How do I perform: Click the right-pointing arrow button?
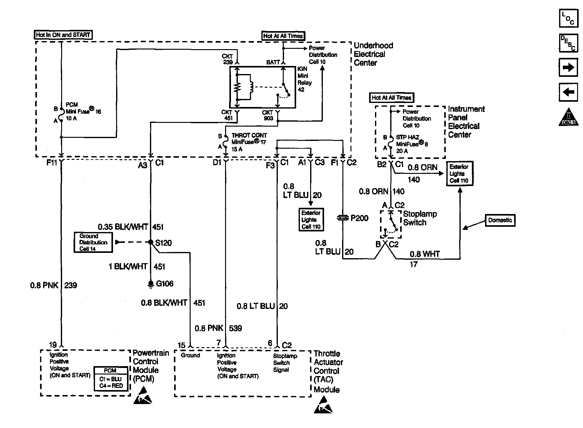(x=568, y=67)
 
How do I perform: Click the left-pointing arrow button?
(x=568, y=92)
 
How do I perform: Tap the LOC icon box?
(x=568, y=18)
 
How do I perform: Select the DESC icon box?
(x=568, y=43)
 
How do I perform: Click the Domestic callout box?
(x=500, y=220)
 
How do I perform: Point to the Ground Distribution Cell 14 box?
(x=93, y=242)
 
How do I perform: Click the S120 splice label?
(x=163, y=243)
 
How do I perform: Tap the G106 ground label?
(x=165, y=283)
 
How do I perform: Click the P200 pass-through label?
(x=359, y=218)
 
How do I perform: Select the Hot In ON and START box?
(x=63, y=35)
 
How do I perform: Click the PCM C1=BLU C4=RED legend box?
(x=111, y=379)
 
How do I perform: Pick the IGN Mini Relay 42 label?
(x=304, y=79)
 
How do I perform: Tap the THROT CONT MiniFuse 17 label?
(x=249, y=142)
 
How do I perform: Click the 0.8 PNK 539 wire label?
(x=218, y=328)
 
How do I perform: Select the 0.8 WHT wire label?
(x=424, y=254)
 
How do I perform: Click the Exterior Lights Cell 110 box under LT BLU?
(x=311, y=220)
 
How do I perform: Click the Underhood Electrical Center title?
(x=373, y=54)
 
